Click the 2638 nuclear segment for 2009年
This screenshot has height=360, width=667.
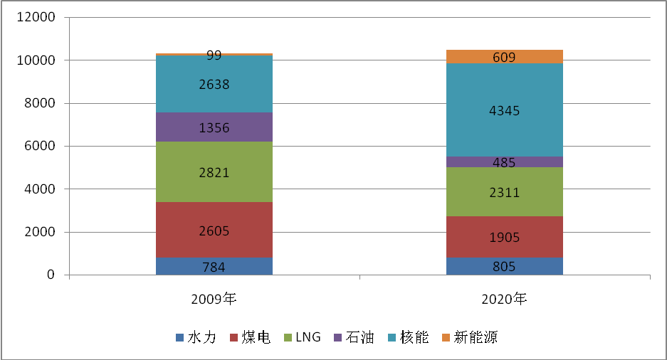point(214,84)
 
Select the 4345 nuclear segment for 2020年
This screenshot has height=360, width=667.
point(504,110)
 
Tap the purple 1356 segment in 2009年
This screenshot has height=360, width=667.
point(214,127)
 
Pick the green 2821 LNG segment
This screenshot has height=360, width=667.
point(214,171)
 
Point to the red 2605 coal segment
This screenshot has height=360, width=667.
point(214,230)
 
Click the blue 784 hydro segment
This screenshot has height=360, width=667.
point(214,267)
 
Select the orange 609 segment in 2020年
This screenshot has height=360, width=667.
point(504,57)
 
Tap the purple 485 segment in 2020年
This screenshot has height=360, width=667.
point(504,162)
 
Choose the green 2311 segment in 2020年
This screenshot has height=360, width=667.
point(504,192)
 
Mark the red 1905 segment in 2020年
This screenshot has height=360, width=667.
point(504,237)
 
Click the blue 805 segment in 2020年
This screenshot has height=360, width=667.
point(504,267)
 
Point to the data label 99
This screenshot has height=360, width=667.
point(214,55)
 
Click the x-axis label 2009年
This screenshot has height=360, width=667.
point(214,300)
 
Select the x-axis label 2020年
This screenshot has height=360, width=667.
point(504,300)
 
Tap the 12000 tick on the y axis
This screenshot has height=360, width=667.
point(35,18)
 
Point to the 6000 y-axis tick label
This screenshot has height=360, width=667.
point(38,147)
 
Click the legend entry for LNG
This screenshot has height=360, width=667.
point(303,337)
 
